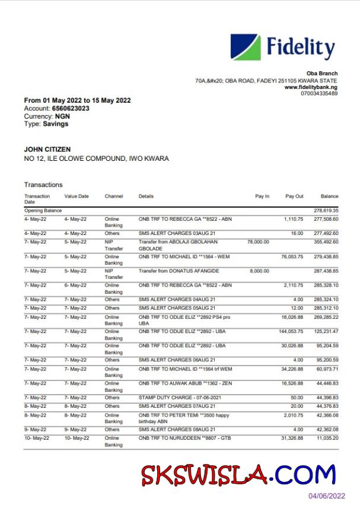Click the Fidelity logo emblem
pyautogui.click(x=245, y=47)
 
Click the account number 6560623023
pyautogui.click(x=71, y=109)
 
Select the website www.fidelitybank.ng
pyautogui.click(x=311, y=87)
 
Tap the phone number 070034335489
pyautogui.click(x=319, y=94)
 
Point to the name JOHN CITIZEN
pyautogui.click(x=47, y=149)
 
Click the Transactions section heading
pyautogui.click(x=43, y=185)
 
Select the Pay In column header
pyautogui.click(x=262, y=196)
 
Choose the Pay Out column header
pyautogui.click(x=294, y=196)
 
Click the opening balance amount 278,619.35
pyautogui.click(x=326, y=211)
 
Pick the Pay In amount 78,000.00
pyautogui.click(x=258, y=242)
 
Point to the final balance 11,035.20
pyautogui.click(x=326, y=438)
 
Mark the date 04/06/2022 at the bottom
pyautogui.click(x=326, y=496)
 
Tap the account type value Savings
pyautogui.click(x=56, y=124)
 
